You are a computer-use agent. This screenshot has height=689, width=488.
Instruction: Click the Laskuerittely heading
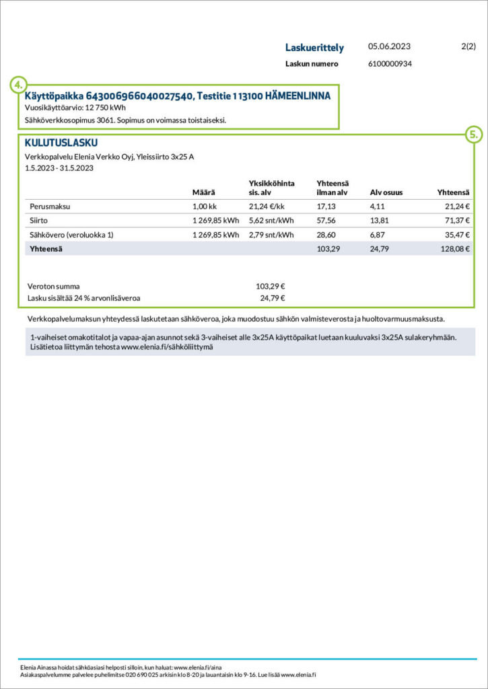314,48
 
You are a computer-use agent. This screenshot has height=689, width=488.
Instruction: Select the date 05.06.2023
389,47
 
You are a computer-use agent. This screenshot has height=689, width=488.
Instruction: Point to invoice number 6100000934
390,64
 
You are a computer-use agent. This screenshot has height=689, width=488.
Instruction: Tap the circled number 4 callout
19,85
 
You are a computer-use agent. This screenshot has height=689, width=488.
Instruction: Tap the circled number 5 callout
474,135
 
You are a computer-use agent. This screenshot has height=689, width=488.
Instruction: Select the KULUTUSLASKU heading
61,143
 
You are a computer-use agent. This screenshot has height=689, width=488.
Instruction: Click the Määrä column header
203,193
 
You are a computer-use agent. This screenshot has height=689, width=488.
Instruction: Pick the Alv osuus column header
386,193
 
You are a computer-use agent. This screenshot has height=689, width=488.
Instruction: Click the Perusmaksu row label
50,207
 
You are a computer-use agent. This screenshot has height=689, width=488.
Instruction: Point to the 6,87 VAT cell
379,235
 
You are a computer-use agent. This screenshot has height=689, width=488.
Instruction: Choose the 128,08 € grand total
454,249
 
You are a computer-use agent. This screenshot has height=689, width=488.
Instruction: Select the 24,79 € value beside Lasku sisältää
273,297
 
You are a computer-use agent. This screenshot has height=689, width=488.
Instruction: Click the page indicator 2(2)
468,47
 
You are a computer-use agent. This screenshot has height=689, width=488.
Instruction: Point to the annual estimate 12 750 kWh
106,108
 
